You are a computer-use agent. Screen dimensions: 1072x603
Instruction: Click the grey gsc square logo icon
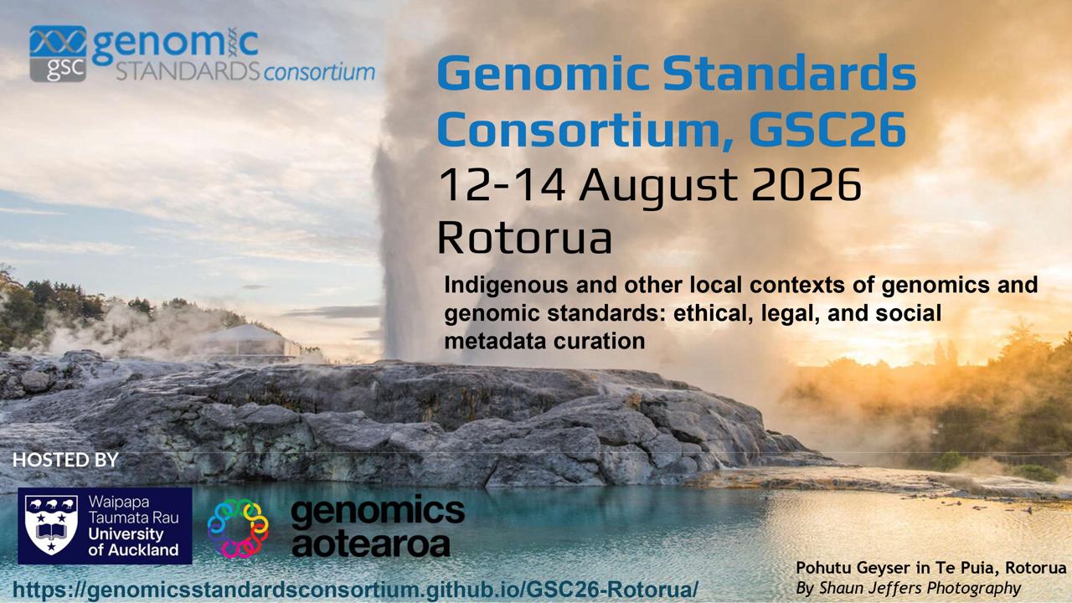coord(58,54)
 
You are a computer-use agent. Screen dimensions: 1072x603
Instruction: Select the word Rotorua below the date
coord(525,237)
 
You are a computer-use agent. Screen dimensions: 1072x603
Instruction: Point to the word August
coord(658,188)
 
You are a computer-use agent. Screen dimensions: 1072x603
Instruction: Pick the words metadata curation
coord(544,341)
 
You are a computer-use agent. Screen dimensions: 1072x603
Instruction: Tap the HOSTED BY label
coord(65,460)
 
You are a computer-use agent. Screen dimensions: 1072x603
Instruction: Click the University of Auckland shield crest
coord(51,525)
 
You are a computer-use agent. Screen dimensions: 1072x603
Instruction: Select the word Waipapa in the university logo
coord(119,502)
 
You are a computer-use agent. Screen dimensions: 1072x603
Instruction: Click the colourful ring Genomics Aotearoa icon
coord(238,528)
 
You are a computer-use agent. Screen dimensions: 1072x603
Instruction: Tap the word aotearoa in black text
coord(371,544)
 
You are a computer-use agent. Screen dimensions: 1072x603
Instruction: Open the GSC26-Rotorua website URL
coord(355,589)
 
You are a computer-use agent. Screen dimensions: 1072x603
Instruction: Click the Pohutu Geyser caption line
coord(930,568)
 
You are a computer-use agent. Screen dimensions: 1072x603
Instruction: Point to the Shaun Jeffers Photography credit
coord(908,588)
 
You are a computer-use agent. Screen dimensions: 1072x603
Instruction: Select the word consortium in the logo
coord(319,72)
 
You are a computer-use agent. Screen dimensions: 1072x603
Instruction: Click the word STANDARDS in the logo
coord(188,72)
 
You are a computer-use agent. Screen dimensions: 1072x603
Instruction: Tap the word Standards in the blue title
coord(789,73)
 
